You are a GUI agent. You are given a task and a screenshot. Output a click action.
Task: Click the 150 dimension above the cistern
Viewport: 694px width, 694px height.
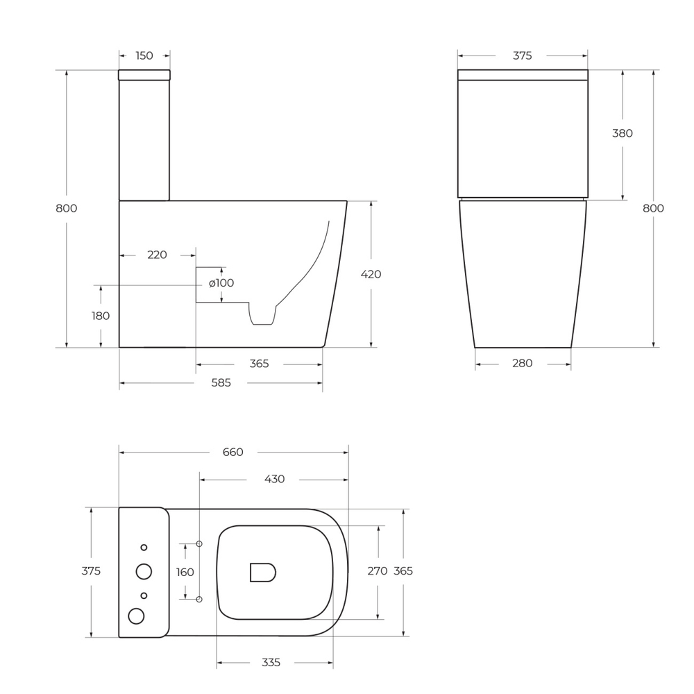[144, 56]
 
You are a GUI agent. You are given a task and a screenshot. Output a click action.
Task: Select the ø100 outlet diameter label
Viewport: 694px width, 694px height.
[221, 283]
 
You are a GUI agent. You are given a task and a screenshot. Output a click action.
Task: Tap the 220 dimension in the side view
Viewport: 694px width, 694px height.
[157, 255]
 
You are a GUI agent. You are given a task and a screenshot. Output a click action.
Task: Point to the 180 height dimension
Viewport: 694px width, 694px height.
[101, 316]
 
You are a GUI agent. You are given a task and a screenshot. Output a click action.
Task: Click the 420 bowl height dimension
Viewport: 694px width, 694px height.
[371, 274]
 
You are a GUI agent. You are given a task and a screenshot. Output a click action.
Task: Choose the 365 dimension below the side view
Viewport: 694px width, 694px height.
[258, 364]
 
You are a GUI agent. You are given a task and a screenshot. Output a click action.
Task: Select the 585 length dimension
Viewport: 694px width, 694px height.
[221, 382]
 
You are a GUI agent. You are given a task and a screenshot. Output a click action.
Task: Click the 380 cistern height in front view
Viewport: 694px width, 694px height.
[623, 133]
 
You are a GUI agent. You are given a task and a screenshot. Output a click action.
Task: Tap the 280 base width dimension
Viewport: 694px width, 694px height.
[522, 363]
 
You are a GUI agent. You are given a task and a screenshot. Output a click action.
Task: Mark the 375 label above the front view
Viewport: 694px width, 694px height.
[522, 56]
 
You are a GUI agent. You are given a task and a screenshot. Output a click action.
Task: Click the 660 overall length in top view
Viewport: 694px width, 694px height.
[232, 452]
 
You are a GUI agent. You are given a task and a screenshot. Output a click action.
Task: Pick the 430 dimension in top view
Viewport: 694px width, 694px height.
[274, 479]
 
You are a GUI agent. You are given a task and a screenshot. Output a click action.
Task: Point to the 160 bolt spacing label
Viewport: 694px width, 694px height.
[185, 572]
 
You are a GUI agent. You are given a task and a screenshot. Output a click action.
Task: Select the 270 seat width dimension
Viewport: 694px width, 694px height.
[377, 571]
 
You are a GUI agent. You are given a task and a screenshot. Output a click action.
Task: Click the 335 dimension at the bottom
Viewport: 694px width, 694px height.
[271, 663]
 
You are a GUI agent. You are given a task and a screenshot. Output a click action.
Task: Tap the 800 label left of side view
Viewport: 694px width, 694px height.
[67, 208]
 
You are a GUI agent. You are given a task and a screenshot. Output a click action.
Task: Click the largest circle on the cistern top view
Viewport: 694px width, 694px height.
[144, 571]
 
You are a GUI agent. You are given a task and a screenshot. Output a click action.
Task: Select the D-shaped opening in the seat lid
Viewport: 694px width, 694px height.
[262, 572]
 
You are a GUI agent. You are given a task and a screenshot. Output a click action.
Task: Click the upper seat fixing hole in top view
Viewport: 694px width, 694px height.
[199, 544]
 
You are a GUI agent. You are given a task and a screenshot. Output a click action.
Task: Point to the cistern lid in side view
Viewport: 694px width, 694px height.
[144, 75]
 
